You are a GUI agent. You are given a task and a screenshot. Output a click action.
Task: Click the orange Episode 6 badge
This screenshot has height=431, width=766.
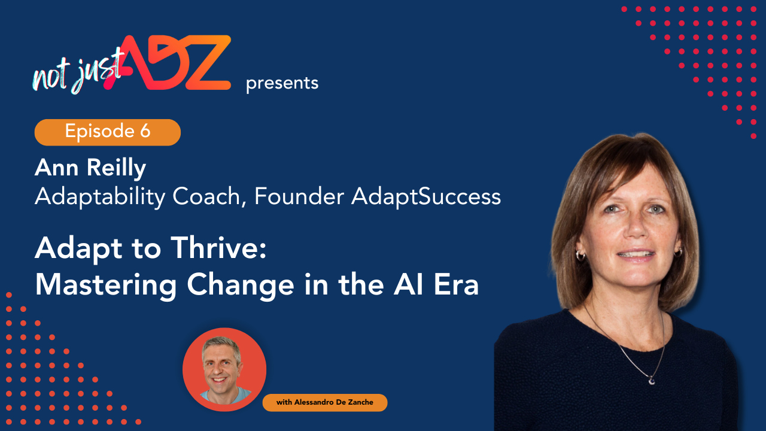tap(108, 132)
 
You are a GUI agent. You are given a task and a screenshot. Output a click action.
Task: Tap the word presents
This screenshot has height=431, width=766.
tap(282, 83)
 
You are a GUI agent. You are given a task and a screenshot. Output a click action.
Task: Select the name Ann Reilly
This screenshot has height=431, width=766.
tap(90, 168)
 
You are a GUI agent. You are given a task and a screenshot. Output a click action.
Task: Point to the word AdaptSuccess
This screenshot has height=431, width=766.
tap(426, 196)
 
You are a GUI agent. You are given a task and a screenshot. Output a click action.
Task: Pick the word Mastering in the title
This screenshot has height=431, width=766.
tap(105, 285)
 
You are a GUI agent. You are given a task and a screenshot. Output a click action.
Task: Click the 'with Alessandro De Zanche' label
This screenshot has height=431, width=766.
tap(325, 403)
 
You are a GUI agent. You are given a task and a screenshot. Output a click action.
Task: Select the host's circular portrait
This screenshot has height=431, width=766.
tap(224, 369)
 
